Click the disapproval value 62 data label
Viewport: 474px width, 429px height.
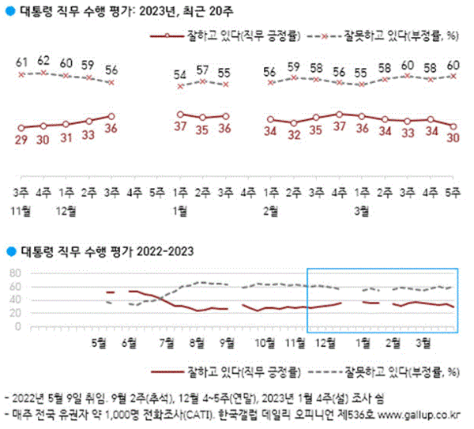click(x=43, y=59)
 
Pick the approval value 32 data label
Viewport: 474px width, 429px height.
click(x=294, y=135)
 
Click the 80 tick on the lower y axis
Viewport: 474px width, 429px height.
click(x=13, y=273)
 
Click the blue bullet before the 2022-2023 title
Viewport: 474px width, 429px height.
click(x=9, y=251)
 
